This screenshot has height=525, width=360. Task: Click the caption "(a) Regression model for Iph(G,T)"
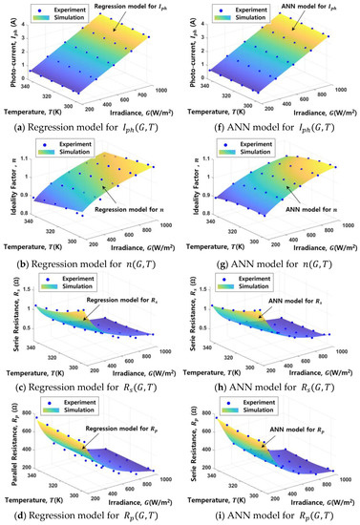coord(90,121)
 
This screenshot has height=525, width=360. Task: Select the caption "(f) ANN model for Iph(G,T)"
coord(271,121)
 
